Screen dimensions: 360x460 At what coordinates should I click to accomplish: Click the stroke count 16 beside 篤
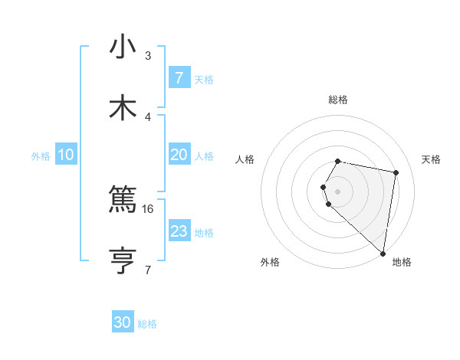[x=148, y=208]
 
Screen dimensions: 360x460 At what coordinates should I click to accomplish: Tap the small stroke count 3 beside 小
[x=148, y=55]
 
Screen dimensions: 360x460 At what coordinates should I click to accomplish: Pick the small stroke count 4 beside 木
[x=148, y=116]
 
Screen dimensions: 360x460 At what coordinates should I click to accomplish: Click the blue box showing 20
[x=179, y=155]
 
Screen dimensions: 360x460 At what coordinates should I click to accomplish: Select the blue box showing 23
[x=179, y=231]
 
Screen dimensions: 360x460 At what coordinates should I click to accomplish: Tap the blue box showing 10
[x=66, y=155]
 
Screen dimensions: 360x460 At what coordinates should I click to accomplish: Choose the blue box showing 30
[x=123, y=322]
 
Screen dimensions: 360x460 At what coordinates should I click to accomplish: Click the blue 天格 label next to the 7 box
[x=204, y=79]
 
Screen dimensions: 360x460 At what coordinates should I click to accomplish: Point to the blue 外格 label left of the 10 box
[x=41, y=155]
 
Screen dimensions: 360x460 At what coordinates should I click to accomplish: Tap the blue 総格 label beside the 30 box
[x=147, y=324]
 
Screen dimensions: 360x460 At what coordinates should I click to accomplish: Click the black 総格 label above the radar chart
[x=338, y=100]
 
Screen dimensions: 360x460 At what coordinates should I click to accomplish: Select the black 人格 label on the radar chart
[x=245, y=159]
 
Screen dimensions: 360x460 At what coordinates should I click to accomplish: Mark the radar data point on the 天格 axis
[x=396, y=172]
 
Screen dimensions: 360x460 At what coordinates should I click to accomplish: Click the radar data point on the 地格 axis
[x=383, y=253]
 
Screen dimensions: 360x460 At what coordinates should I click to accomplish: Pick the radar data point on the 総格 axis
[x=338, y=161]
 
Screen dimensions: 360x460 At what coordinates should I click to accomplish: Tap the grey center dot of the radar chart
[x=338, y=191]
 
